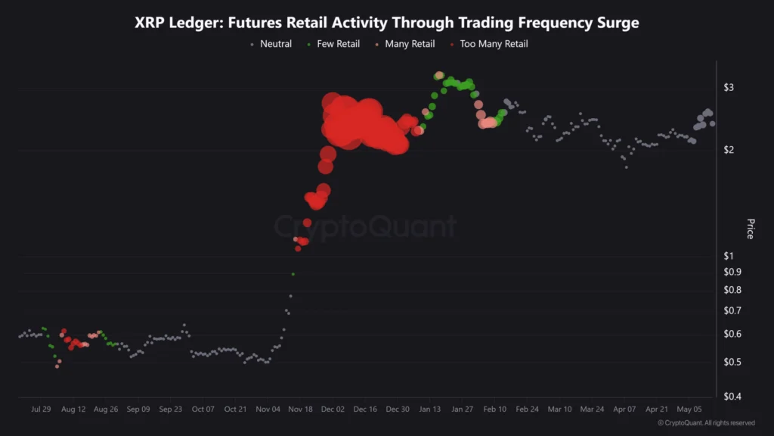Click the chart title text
coord(386,23)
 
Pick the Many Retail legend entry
coord(404,44)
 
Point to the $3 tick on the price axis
coord(729,88)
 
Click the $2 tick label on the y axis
coord(729,150)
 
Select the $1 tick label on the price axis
coord(729,256)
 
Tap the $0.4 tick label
coord(732,397)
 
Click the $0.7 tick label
coord(732,311)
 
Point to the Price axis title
coord(750,229)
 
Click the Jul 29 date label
coord(41,410)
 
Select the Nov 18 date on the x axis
coord(300,410)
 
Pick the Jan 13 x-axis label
coord(430,410)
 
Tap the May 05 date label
coord(689,410)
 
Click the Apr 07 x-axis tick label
coord(624,410)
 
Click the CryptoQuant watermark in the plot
coord(364,226)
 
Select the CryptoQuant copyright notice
coord(706,423)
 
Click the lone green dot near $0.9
coord(293,274)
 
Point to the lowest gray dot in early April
coord(626,167)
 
